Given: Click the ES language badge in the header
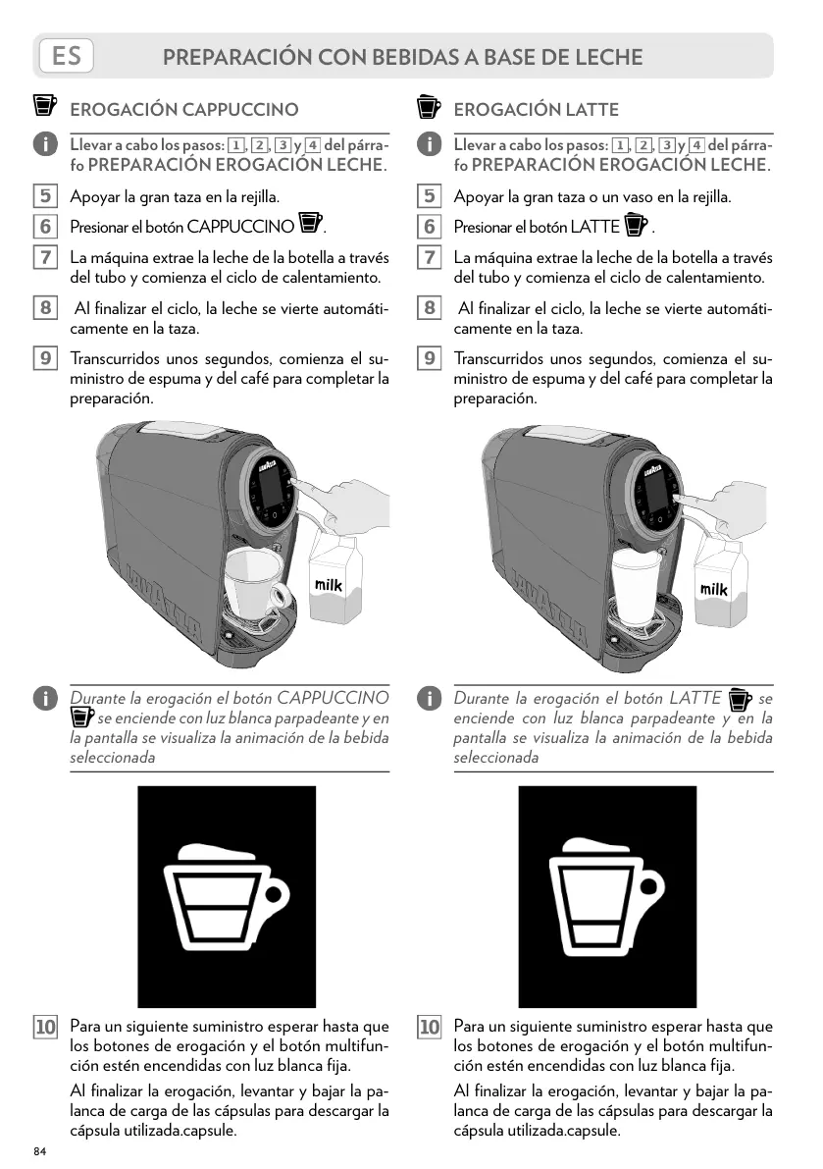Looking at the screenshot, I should [66, 56].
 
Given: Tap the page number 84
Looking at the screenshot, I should [40, 1150].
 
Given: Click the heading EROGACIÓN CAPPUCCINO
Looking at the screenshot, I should [183, 109].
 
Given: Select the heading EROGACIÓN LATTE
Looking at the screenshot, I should [536, 109].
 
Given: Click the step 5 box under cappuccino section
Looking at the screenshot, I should [44, 197].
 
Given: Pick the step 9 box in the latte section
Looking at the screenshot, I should [429, 359].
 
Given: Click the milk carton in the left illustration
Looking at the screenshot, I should [332, 583].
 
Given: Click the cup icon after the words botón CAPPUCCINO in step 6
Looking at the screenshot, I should [310, 224].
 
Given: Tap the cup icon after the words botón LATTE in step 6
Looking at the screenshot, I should [635, 225].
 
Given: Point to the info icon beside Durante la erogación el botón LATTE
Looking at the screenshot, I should [429, 699].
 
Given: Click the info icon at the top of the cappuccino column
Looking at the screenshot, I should [44, 145].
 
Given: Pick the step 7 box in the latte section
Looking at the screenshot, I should [429, 258].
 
